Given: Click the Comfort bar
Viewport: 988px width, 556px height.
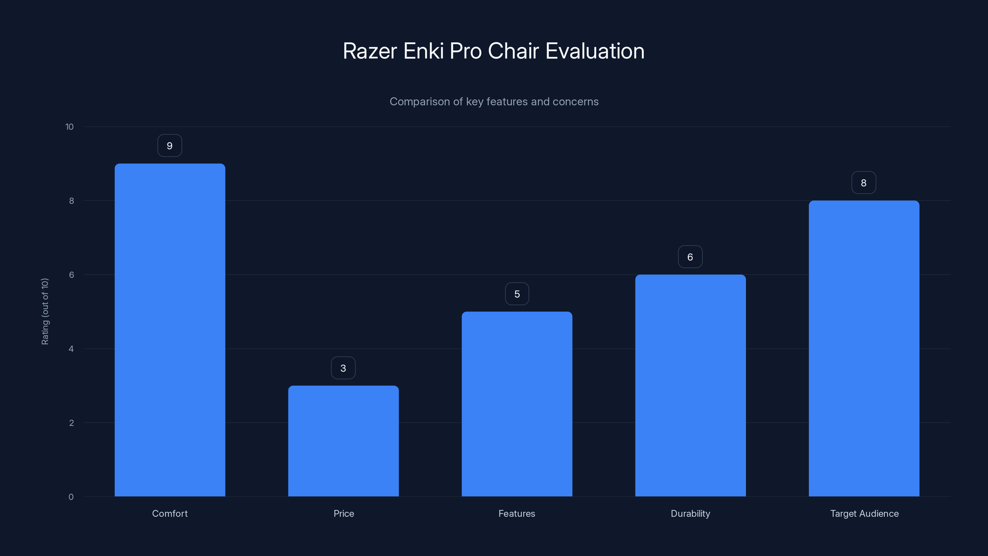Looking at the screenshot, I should click(170, 330).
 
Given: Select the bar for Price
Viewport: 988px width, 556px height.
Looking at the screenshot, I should click(343, 441).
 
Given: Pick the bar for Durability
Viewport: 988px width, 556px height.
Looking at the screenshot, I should click(690, 385).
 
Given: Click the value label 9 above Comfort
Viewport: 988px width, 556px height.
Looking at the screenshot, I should click(170, 146).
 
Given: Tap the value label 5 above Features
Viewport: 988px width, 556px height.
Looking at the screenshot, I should click(517, 294).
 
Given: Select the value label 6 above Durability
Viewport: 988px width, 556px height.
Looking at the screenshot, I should click(690, 257).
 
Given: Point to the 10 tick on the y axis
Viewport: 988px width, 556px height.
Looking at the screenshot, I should click(69, 127).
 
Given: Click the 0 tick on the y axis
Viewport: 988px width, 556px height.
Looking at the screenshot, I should click(71, 497).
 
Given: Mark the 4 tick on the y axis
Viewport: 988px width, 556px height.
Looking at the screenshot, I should click(71, 349).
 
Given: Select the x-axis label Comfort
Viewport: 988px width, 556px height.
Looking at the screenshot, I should click(170, 513).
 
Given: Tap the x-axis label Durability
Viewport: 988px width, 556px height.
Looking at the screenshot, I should click(690, 513).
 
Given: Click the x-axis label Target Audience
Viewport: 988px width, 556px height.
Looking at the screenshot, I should click(864, 513).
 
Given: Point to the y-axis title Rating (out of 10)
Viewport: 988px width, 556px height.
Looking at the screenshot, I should click(45, 312).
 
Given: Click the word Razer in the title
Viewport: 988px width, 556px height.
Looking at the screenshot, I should click(370, 51).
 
